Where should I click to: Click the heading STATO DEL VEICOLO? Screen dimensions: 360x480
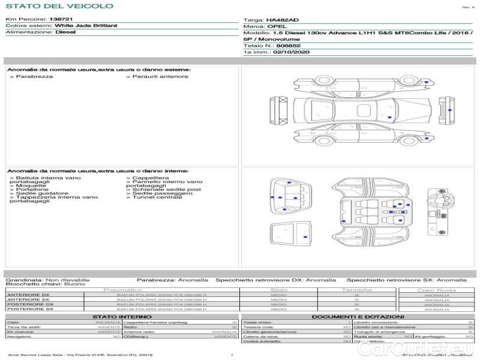pyautogui.click(x=59, y=6)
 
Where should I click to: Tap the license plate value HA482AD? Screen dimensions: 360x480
pyautogui.click(x=282, y=20)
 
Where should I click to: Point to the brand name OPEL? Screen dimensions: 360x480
pyautogui.click(x=277, y=26)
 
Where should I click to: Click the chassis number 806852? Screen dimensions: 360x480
pyautogui.click(x=289, y=46)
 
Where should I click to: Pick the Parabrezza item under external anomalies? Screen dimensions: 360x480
pyautogui.click(x=34, y=76)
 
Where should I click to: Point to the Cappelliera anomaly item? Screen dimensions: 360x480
pyautogui.click(x=150, y=178)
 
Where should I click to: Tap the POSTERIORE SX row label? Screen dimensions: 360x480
pyautogui.click(x=29, y=309)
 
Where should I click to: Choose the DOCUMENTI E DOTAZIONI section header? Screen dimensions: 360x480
pyautogui.click(x=358, y=316)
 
